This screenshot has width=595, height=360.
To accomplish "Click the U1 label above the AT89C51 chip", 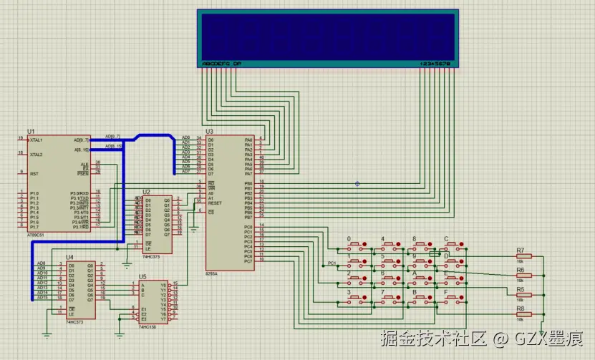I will (30, 132).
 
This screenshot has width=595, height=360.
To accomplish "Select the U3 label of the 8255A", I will (209, 132).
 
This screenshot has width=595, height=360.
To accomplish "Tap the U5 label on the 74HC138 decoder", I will (142, 276).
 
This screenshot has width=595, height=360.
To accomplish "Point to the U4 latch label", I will (69, 257).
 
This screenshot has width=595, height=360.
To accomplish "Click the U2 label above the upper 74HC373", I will (146, 192).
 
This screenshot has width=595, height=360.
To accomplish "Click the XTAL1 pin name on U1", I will (37, 140).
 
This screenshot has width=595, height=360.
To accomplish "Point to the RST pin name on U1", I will (33, 174).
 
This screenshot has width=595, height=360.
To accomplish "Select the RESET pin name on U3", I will (214, 203).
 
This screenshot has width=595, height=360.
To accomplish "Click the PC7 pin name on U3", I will (248, 261).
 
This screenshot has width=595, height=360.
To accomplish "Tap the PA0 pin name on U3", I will (248, 140).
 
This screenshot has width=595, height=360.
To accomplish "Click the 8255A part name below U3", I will (212, 274).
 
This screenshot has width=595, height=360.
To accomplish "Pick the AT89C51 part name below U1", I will (34, 234).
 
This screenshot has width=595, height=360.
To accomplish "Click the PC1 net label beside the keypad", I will (332, 263).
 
